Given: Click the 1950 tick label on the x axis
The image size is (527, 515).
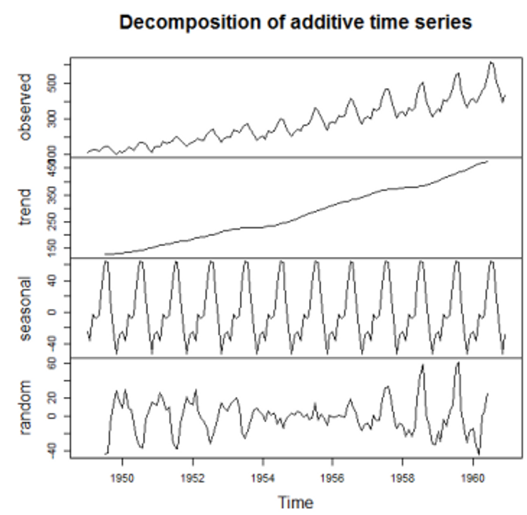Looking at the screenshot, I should tap(122, 476).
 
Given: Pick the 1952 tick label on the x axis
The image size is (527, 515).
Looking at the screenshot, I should tap(193, 476).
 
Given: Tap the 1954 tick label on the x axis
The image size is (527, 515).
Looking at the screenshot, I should tap(263, 476).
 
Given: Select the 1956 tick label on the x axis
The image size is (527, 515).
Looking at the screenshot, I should tap(333, 476).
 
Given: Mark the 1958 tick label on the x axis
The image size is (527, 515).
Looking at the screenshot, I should tap(403, 476).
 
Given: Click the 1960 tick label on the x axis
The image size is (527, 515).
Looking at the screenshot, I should tap(473, 476).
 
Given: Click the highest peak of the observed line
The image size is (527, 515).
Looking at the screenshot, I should tap(491, 62).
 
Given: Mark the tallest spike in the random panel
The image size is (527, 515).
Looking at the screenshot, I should tap(457, 363).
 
